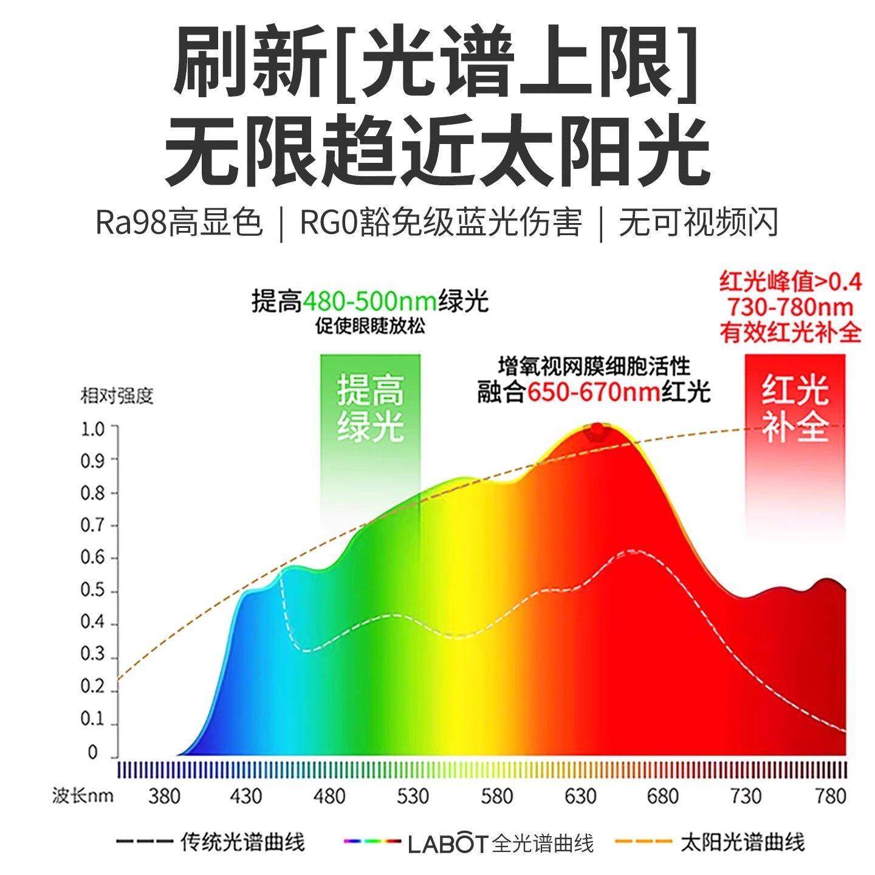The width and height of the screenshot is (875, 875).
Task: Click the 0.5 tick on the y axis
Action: pos(93,591)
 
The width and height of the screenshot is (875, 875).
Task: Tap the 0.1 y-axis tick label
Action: pos(93,719)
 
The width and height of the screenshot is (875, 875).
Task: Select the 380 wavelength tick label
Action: pos(164,796)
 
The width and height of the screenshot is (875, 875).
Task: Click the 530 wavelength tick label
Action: pos(413,796)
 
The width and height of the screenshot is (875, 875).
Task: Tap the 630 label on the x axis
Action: pos(580,796)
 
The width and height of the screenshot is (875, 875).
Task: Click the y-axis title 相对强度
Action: pos(117,396)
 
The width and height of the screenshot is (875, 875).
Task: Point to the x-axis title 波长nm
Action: pos(83,795)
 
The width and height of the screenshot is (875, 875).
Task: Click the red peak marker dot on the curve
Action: pos(597,430)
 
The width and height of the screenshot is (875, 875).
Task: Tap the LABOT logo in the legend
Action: pos(448,843)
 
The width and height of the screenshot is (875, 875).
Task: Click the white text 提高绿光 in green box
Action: pos(371,408)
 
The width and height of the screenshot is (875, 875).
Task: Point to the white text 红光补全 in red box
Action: pos(795,408)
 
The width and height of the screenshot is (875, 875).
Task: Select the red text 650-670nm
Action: pos(594,393)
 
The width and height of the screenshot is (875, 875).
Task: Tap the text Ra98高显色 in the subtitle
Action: pos(179,223)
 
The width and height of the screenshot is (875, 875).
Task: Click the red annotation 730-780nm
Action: pos(791,307)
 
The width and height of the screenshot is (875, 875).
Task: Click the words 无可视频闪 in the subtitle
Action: pos(699,223)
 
